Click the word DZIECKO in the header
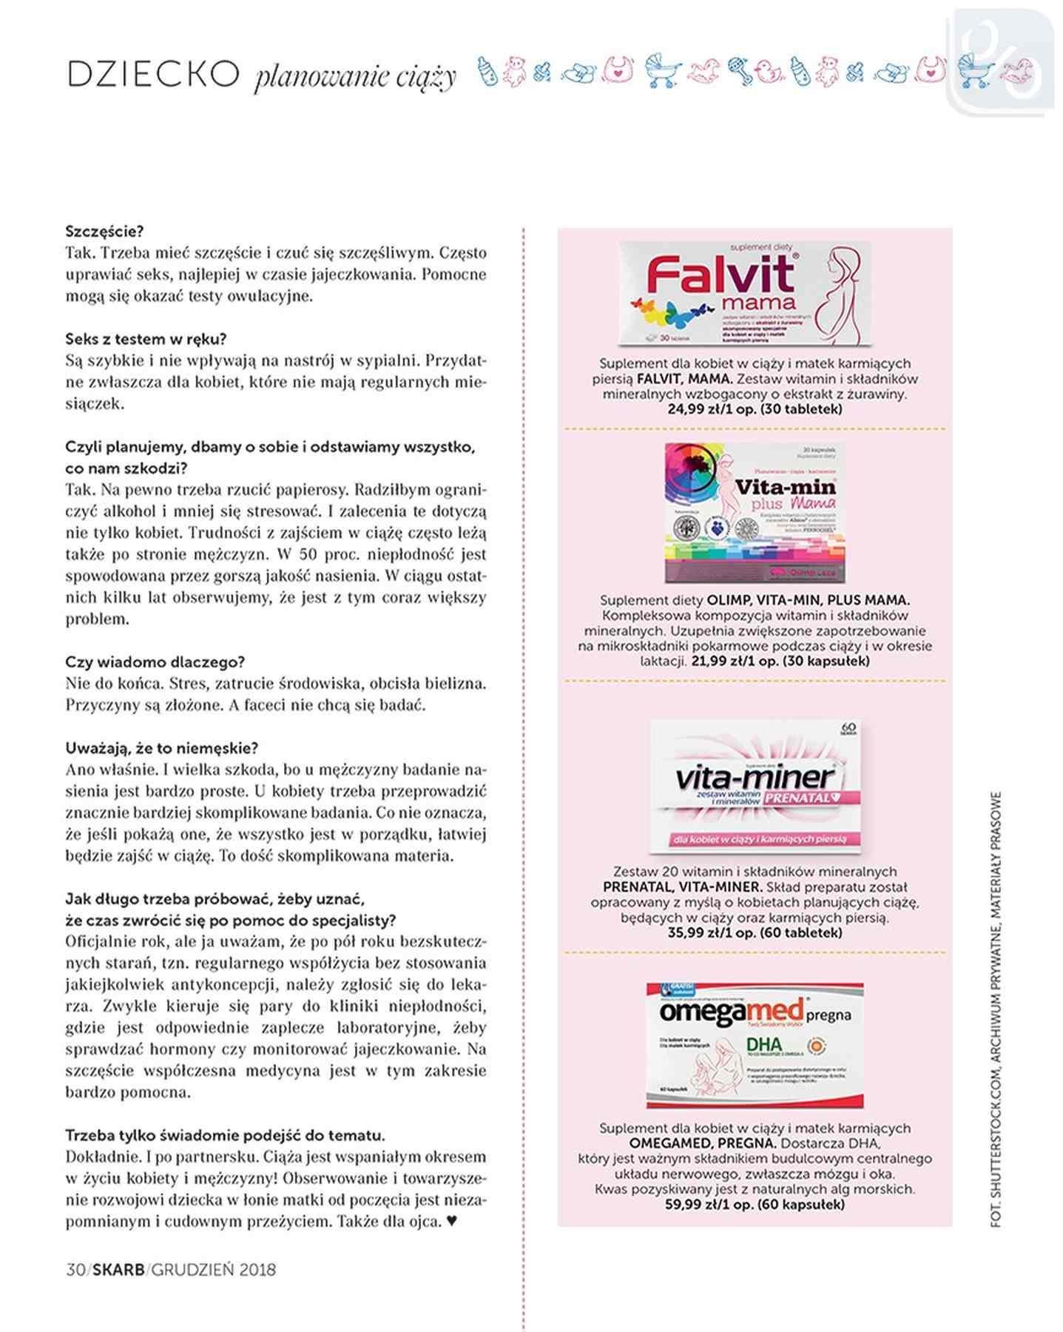coord(153,75)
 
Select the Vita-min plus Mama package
coord(754,512)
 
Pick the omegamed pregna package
coord(755,1044)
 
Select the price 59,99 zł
coord(694,1204)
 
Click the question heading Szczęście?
coord(104,232)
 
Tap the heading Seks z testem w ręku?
coord(146,339)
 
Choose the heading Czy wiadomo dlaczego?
coord(155,662)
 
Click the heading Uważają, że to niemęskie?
coord(161,747)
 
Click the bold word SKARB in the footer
coord(120,1269)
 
